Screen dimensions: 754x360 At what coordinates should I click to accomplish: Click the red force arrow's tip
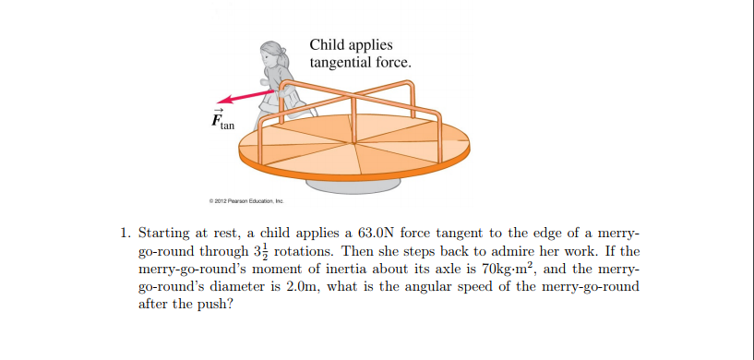point(220,104)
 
